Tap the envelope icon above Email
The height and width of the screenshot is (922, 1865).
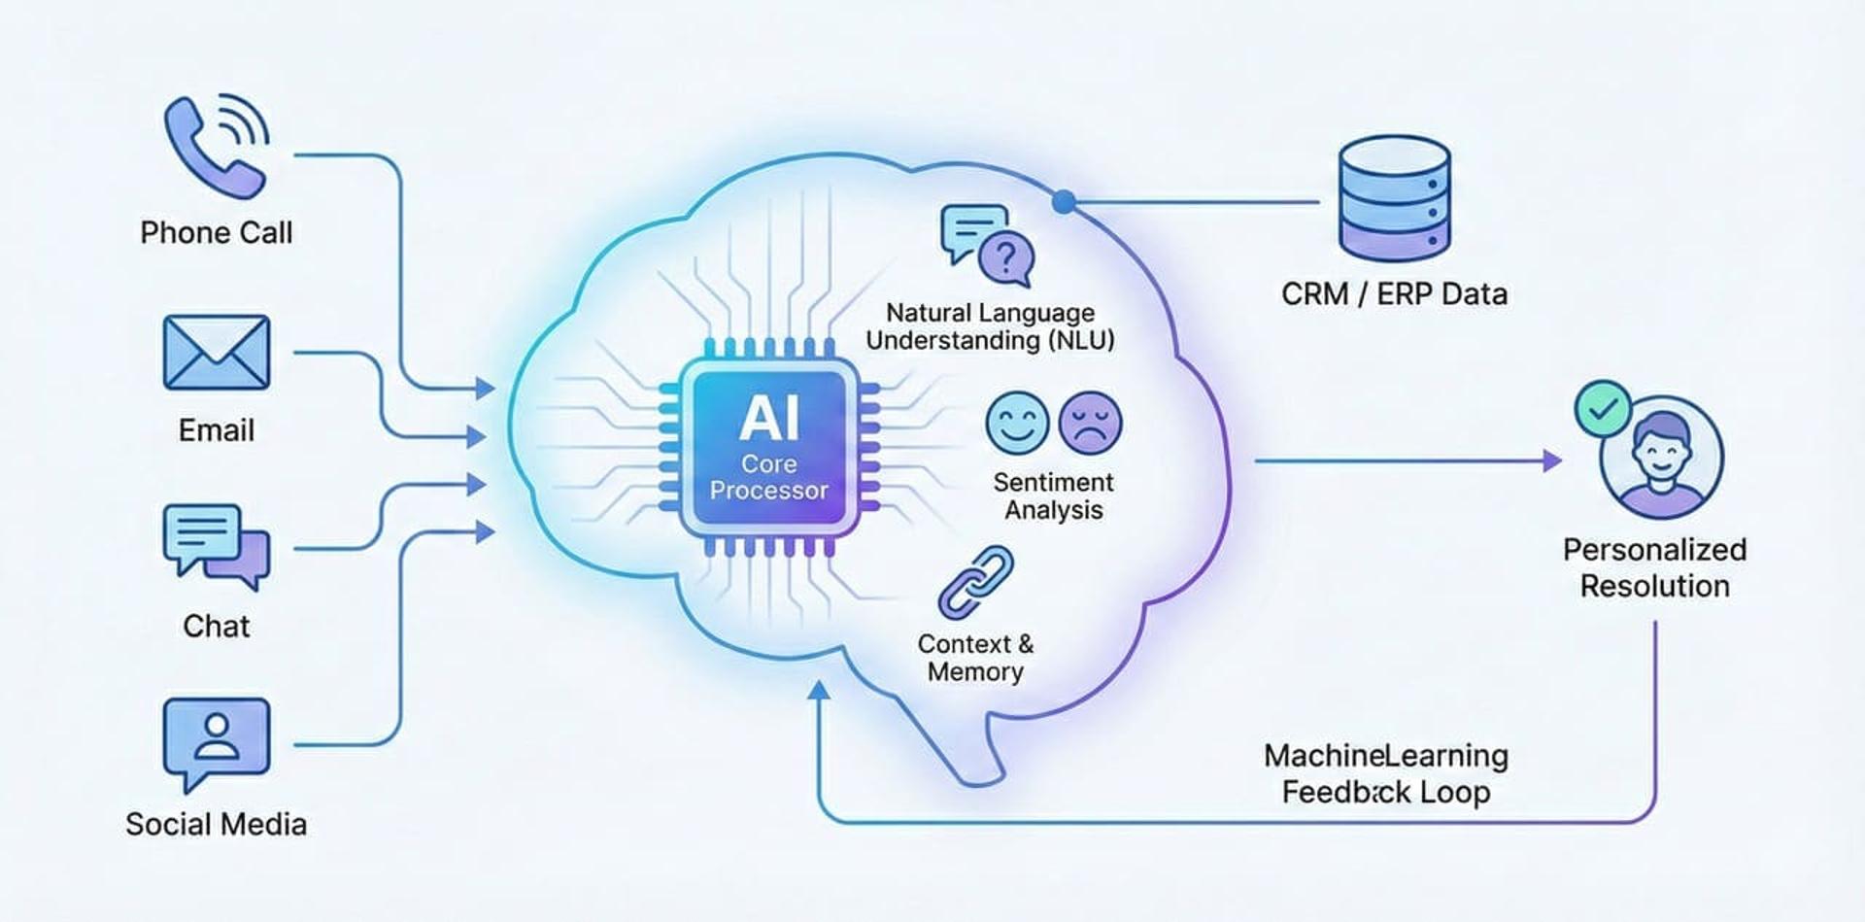pyautogui.click(x=216, y=352)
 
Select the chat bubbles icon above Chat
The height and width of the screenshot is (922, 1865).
pyautogui.click(x=216, y=544)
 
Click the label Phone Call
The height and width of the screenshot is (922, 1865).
pyautogui.click(x=216, y=233)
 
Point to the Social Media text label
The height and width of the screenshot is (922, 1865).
pyautogui.click(x=216, y=825)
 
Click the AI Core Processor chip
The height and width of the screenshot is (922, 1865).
pyautogui.click(x=768, y=448)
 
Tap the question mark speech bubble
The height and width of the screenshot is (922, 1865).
pyautogui.click(x=1006, y=257)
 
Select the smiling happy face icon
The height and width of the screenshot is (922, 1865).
pyautogui.click(x=1017, y=423)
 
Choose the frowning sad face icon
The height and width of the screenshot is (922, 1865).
pyautogui.click(x=1090, y=423)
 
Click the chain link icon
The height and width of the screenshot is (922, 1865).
pyautogui.click(x=975, y=583)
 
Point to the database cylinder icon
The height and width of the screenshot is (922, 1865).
pyautogui.click(x=1394, y=198)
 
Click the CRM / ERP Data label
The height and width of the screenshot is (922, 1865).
pyautogui.click(x=1394, y=294)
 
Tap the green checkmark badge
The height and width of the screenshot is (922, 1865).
pyautogui.click(x=1603, y=408)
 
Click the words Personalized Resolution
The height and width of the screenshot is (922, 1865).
pyautogui.click(x=1654, y=567)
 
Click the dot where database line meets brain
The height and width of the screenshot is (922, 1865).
pyautogui.click(x=1064, y=202)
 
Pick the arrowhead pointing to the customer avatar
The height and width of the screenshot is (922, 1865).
pyautogui.click(x=1552, y=461)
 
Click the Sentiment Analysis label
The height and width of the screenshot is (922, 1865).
pyautogui.click(x=1053, y=495)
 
